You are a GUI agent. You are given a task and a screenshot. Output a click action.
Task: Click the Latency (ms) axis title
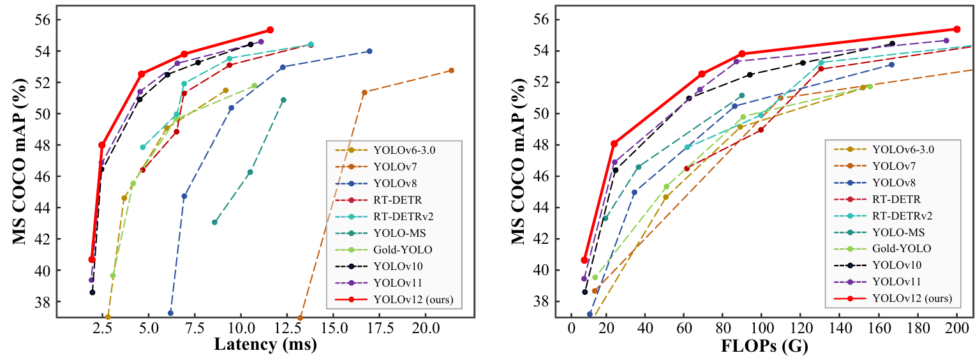click(x=265, y=346)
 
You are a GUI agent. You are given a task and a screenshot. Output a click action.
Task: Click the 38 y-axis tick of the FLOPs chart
click(x=542, y=301)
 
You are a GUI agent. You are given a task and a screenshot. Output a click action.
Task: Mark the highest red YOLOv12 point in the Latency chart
click(x=270, y=30)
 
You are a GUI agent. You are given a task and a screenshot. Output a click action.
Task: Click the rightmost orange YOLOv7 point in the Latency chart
click(x=451, y=70)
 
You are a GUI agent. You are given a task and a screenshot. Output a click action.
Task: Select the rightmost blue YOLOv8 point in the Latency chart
click(x=369, y=51)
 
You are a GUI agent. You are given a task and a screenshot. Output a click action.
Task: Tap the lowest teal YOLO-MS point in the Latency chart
click(x=214, y=222)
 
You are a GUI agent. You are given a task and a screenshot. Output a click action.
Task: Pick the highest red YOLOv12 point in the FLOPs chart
click(x=956, y=29)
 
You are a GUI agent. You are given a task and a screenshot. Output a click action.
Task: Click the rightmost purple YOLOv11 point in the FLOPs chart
click(x=946, y=40)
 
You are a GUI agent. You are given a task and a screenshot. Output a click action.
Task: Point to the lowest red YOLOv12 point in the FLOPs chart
click(x=584, y=260)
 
